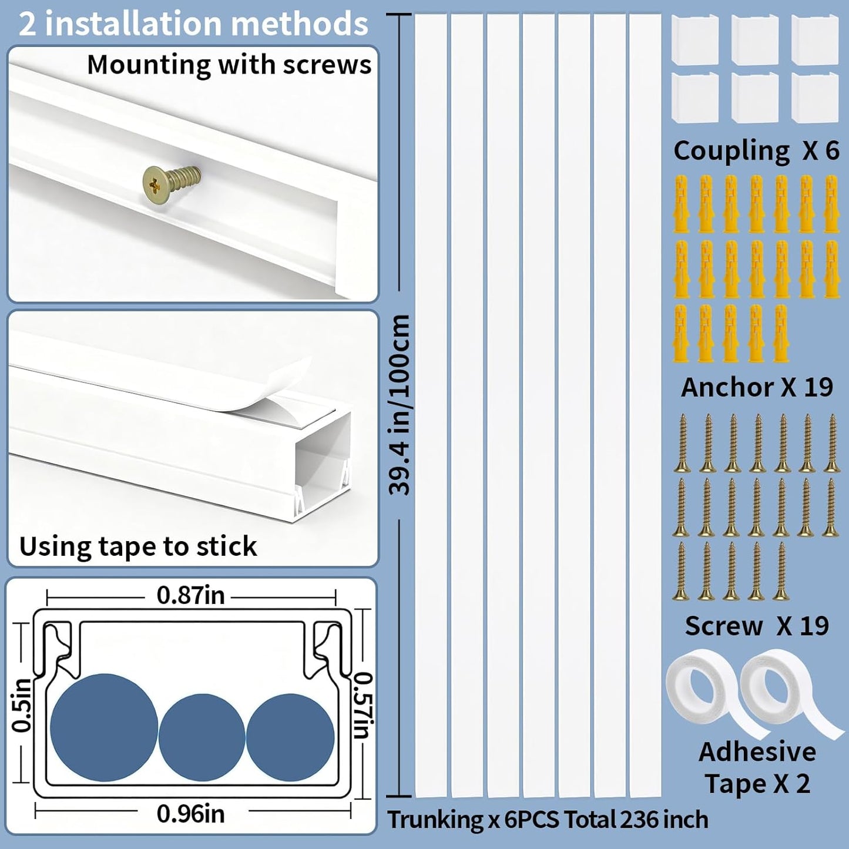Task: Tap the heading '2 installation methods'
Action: click(193, 24)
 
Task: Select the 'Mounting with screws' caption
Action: click(229, 65)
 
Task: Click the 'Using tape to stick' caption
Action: click(138, 546)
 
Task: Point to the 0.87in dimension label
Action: click(190, 595)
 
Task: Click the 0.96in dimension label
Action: click(190, 814)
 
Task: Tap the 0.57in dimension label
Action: click(363, 705)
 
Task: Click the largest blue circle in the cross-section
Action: click(104, 727)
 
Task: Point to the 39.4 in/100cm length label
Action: click(400, 405)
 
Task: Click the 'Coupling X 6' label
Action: click(756, 151)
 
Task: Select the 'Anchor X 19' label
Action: click(757, 387)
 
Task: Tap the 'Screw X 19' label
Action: click(757, 626)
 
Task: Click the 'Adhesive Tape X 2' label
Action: click(757, 767)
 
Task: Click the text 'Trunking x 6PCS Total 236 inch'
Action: click(548, 820)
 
